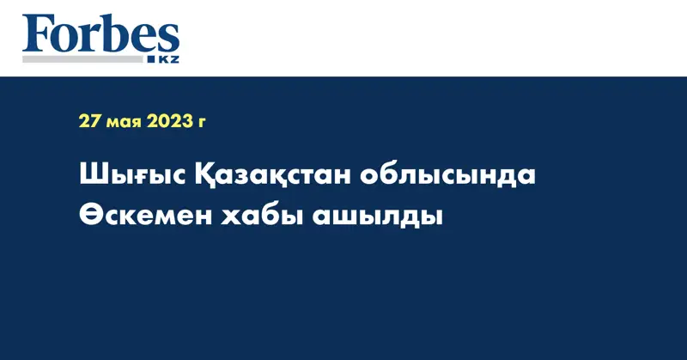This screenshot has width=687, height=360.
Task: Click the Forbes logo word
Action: [x=101, y=34]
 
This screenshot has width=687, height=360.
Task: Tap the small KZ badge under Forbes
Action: [x=167, y=58]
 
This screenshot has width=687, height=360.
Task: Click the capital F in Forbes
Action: [x=36, y=34]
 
